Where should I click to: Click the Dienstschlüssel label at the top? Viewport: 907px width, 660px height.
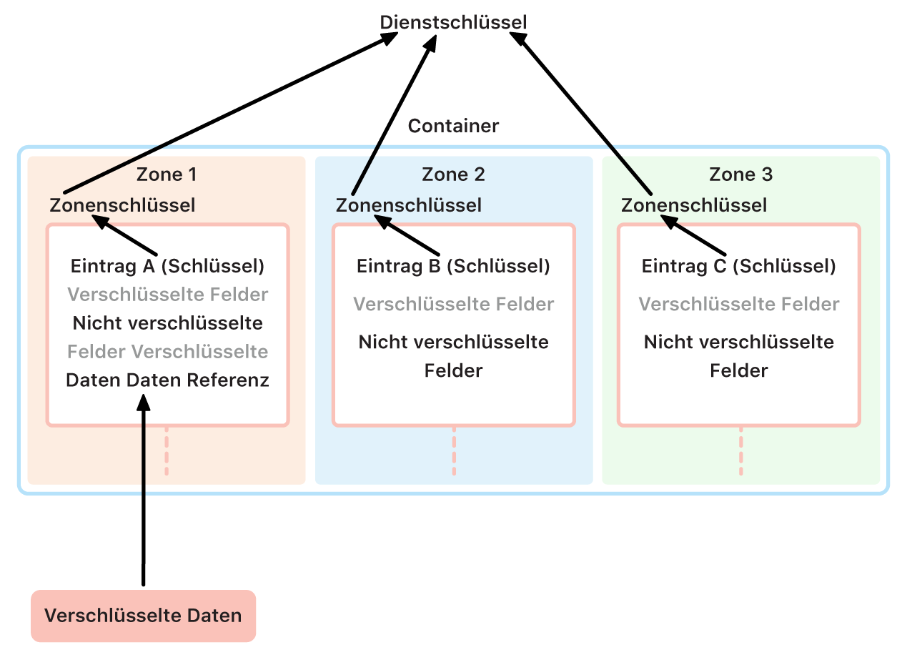pos(453,22)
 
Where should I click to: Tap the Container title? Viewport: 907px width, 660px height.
pos(453,126)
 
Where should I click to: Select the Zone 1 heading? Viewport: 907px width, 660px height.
pos(167,174)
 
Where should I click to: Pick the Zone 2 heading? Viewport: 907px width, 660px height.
pos(453,174)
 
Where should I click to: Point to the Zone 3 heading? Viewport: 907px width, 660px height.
pos(740,174)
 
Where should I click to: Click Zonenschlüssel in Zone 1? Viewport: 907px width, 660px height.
pos(122,205)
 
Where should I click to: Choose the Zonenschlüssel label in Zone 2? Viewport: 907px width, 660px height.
pos(409,205)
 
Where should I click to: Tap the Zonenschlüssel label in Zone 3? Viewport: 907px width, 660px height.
pos(694,205)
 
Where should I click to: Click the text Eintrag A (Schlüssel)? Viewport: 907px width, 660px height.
pos(167,266)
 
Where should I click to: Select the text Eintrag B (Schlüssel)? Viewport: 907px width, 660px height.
pos(453,266)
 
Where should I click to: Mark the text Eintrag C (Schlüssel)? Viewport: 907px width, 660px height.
pos(738,266)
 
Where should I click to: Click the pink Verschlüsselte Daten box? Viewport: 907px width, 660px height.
pos(143,616)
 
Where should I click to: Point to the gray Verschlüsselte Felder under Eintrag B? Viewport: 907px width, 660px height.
pos(453,304)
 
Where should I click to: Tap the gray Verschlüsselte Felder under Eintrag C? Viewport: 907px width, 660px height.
pos(738,304)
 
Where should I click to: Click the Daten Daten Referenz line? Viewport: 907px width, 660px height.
pos(167,380)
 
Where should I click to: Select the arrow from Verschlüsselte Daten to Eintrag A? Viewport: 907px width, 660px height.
pos(144,501)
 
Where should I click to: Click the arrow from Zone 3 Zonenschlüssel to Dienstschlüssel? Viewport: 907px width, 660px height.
pos(586,118)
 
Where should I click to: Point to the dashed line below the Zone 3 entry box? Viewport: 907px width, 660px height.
pos(740,452)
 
